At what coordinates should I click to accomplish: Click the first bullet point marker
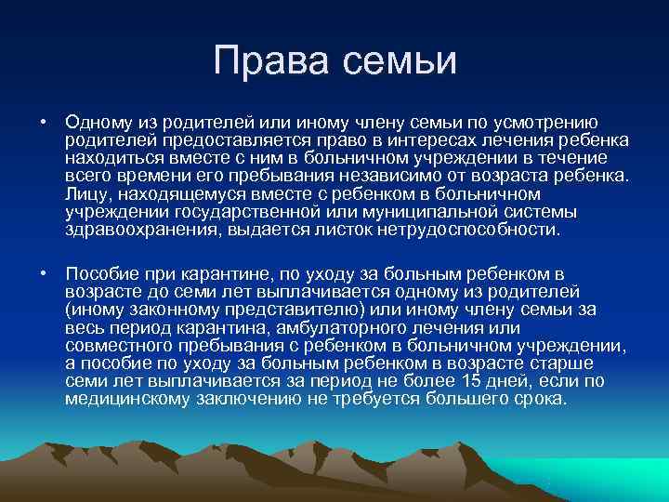pos(44,123)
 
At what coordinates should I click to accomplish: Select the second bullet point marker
pos(44,275)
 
